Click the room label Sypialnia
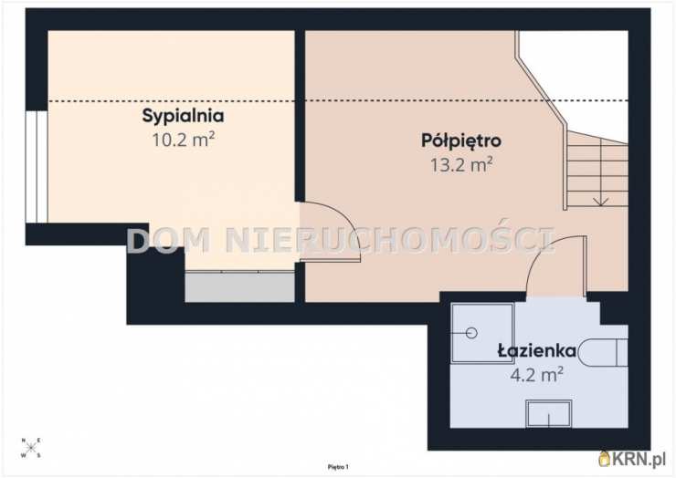pos(183,116)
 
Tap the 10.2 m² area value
pos(183,140)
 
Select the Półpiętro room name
pos(461,141)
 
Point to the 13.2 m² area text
pos(461,165)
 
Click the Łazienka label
pos(536,350)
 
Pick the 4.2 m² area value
pos(536,373)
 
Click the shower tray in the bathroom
pos(482,333)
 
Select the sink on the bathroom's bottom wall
pos(548,413)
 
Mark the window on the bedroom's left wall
pos(36,166)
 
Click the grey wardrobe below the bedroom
pos(239,286)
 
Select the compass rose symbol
pos(32,447)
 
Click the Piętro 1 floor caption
pos(338,466)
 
